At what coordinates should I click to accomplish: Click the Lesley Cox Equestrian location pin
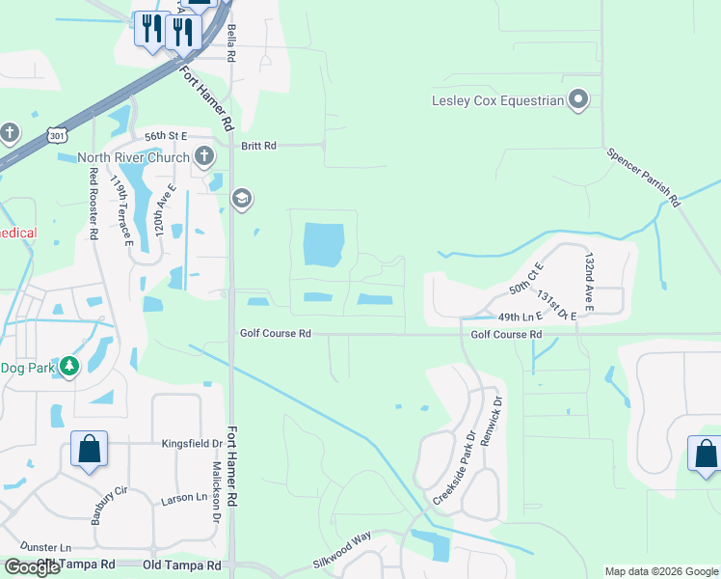click(x=578, y=99)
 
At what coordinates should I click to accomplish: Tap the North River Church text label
click(x=133, y=157)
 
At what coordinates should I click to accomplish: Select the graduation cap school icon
click(x=241, y=200)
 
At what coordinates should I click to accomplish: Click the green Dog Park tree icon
click(x=69, y=367)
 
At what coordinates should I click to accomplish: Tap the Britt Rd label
click(x=258, y=146)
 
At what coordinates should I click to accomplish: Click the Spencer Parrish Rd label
click(x=644, y=178)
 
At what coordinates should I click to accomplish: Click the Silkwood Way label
click(x=341, y=561)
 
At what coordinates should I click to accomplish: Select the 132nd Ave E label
click(x=589, y=282)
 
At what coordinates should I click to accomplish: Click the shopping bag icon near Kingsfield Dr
click(x=89, y=449)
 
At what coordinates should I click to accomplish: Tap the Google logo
click(x=32, y=567)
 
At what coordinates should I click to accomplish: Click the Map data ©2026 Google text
click(x=660, y=571)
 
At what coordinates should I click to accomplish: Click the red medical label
click(x=18, y=233)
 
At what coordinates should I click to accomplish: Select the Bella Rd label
click(x=231, y=44)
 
